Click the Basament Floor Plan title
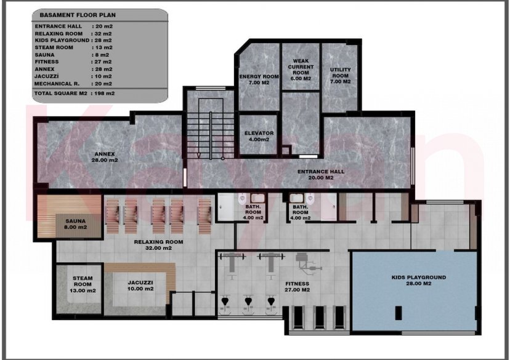[78, 15]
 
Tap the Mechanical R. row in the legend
[73, 84]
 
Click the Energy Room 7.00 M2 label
[259, 79]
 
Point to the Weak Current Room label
[301, 70]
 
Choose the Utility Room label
[340, 75]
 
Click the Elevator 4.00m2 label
[259, 136]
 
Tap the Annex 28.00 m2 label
[105, 157]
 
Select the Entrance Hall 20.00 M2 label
[321, 175]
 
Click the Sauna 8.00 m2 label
[76, 224]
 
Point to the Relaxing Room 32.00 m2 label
[158, 245]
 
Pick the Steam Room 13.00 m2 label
[83, 284]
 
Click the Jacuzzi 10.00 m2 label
[140, 286]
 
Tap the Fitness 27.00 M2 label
[297, 287]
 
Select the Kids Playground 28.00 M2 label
[419, 281]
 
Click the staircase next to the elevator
[211, 128]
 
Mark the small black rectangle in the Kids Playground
[399, 313]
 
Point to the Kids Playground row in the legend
[73, 40]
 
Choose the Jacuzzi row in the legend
[73, 76]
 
